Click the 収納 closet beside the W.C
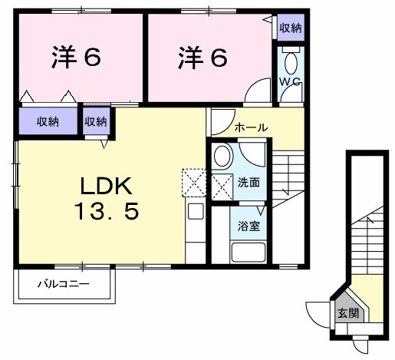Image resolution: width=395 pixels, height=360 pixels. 290,28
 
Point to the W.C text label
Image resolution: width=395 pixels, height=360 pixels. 289,81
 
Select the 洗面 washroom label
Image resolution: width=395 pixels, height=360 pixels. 248,183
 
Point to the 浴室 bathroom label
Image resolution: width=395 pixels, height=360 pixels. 248,228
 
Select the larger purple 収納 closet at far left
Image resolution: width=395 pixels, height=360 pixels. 45,121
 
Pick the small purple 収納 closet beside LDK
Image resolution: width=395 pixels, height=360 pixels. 96,121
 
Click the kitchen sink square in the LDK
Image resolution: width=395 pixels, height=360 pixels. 195,212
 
